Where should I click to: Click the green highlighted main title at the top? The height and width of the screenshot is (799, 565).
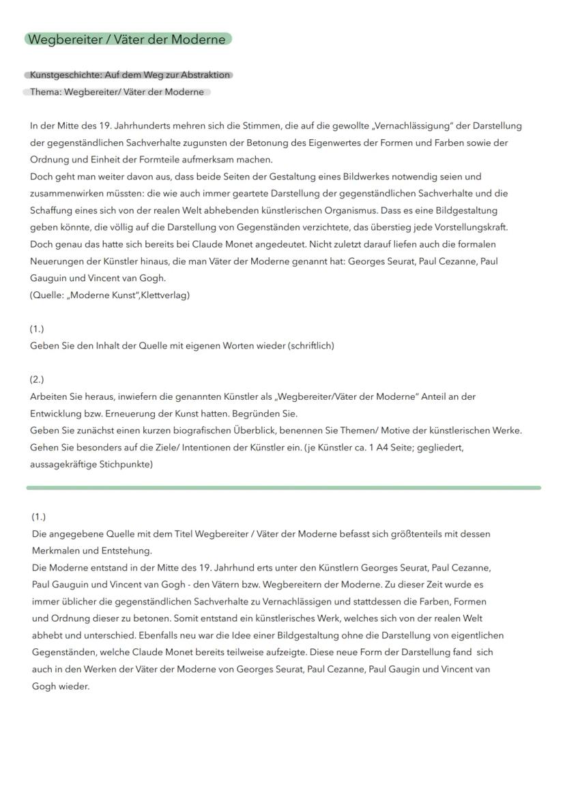tap(128, 40)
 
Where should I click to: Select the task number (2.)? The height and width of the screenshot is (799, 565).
tap(37, 379)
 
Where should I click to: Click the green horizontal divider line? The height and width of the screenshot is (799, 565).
tap(283, 488)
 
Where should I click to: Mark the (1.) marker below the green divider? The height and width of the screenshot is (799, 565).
tap(39, 517)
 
